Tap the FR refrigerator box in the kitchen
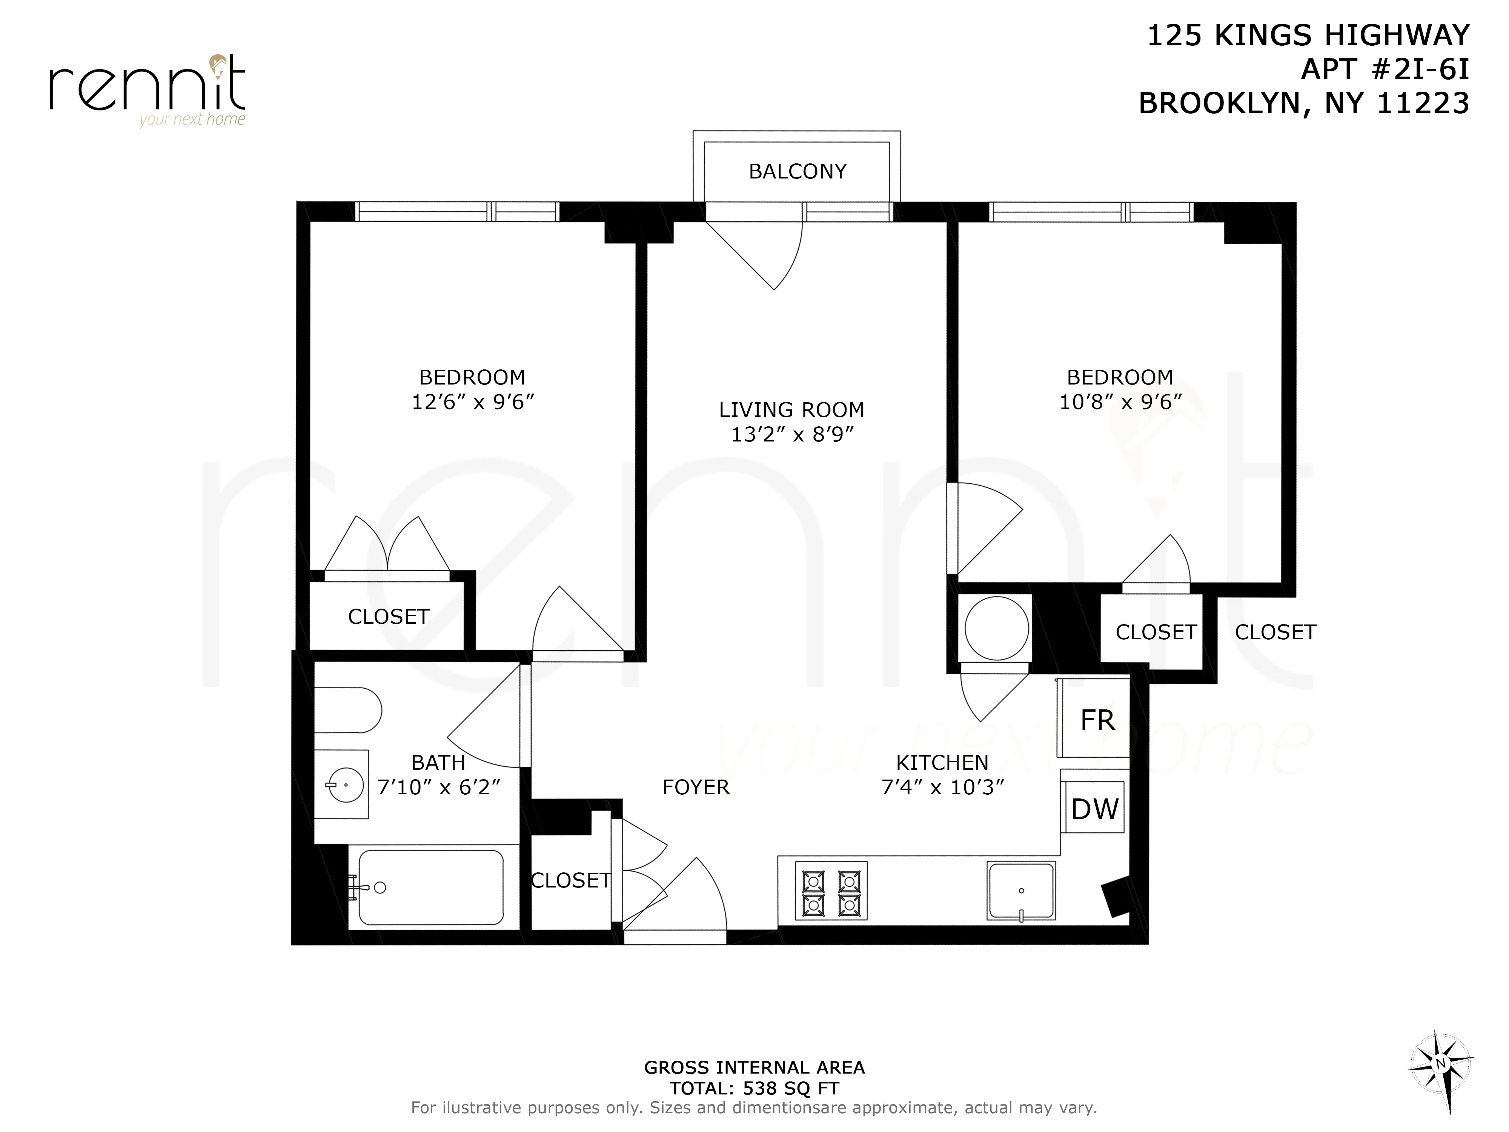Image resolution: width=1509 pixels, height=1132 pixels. [x=1096, y=720]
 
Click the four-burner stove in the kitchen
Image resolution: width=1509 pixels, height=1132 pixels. [x=830, y=891]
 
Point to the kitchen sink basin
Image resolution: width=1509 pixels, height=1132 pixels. [x=1020, y=891]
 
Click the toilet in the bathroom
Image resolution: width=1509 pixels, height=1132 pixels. [x=347, y=710]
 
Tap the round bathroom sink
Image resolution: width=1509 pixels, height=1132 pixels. [x=345, y=785]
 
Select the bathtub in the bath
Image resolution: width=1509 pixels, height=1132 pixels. [x=431, y=887]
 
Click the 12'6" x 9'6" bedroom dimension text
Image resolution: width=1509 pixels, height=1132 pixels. [x=472, y=402]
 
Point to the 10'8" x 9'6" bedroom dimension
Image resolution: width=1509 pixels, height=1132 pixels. [x=1119, y=402]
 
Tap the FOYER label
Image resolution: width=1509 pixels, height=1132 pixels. [x=696, y=787]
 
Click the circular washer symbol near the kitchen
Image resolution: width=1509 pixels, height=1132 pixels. [x=996, y=628]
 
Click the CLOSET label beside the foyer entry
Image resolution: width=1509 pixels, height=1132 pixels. [x=570, y=880]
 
